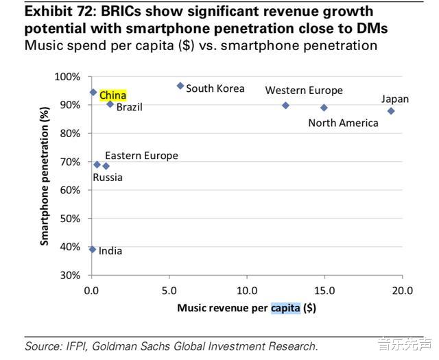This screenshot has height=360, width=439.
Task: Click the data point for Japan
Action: [391, 111]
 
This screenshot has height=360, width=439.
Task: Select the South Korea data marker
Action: [180, 86]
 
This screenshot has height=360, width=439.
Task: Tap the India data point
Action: [93, 250]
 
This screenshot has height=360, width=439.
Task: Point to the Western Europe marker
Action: [285, 106]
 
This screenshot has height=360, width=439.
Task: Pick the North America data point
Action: [324, 108]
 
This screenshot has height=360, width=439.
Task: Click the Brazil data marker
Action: [110, 104]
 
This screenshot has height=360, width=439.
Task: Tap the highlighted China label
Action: [113, 96]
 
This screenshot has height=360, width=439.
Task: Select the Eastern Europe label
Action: [141, 156]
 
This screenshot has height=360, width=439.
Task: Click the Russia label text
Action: [108, 178]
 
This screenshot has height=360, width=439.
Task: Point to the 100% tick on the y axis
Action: [68, 76]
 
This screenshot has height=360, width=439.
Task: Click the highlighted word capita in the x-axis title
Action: [285, 308]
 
